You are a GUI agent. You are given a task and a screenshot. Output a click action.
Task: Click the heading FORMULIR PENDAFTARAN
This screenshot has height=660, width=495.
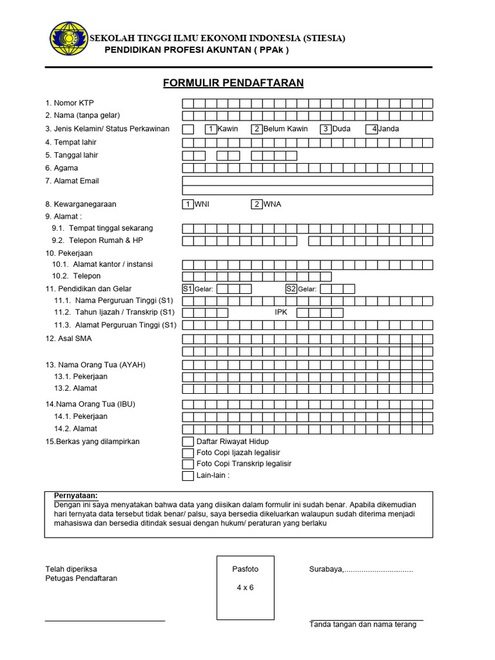coord(233,83)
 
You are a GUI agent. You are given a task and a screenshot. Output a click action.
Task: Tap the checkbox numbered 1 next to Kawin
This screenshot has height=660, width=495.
coord(211,129)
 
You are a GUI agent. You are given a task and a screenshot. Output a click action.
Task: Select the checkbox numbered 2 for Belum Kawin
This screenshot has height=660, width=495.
coord(257,129)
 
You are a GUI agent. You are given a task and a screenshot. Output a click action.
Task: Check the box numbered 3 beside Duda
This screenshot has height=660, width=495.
coord(326,129)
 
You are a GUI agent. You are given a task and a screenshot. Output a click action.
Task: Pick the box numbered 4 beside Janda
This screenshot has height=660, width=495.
coord(372,129)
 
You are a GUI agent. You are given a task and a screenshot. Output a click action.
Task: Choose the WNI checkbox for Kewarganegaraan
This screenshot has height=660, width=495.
coord(188,204)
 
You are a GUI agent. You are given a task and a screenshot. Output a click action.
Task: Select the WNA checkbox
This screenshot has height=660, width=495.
coord(257,204)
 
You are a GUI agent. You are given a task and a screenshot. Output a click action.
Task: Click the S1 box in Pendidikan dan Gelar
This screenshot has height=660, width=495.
coord(188,289)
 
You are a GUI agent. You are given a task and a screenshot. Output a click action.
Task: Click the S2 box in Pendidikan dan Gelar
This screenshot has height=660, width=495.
coord(291,289)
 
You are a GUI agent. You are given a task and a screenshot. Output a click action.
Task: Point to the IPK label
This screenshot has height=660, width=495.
coord(281,313)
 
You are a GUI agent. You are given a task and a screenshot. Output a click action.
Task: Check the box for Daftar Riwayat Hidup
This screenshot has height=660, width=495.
coord(188,442)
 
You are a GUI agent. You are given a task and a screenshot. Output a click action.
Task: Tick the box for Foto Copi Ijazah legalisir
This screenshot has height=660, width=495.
coord(188,453)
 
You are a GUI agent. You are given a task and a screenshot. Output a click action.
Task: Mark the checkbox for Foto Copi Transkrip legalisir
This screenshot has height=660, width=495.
coord(188,464)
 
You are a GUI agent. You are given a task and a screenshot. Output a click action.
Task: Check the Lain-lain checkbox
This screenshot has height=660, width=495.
coord(188,476)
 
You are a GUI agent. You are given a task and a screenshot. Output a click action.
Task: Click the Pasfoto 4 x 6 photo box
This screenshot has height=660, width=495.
coord(245,587)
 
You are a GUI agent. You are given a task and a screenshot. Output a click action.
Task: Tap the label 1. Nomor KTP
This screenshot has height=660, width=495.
coord(70,103)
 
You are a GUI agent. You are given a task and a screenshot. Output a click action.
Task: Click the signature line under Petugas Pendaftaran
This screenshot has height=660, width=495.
coord(104,621)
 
